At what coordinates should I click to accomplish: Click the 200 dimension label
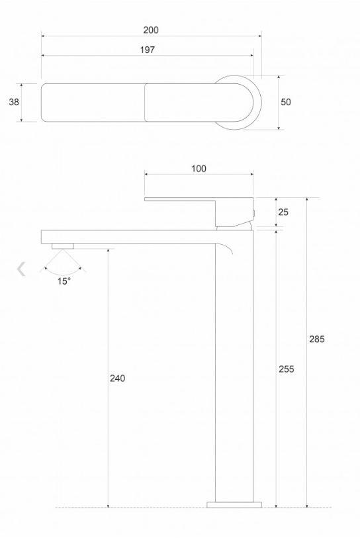[151, 30]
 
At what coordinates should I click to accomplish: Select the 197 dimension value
[147, 50]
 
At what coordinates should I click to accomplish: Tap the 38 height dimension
[14, 102]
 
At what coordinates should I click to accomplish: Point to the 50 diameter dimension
[285, 102]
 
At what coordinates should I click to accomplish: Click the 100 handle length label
[199, 169]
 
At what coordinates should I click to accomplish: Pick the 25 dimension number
[283, 212]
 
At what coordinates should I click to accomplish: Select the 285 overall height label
[316, 339]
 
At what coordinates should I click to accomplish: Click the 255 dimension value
[287, 369]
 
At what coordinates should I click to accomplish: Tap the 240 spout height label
[117, 378]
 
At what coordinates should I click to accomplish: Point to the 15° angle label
[64, 281]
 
